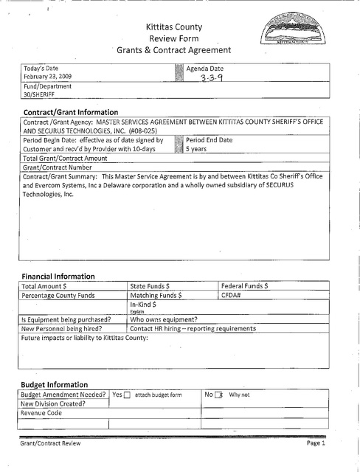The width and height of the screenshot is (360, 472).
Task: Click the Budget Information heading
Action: pos(55,384)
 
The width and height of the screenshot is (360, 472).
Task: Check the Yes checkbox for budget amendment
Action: pos(127,395)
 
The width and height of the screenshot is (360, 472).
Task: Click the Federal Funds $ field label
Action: pos(245,285)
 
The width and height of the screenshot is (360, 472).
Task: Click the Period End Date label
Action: pos(210,139)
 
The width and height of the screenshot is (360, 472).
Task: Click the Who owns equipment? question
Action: pos(163,319)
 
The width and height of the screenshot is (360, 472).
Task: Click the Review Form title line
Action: pos(174,38)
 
